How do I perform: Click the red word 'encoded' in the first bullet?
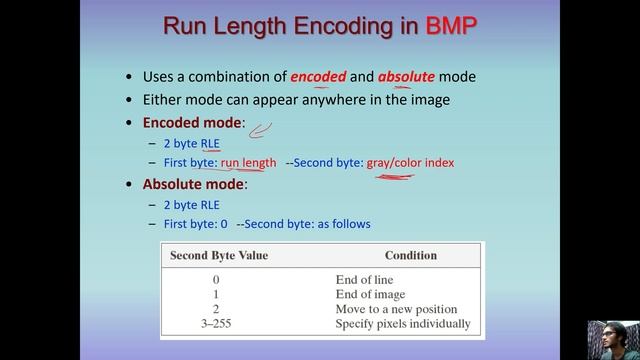pos(318,77)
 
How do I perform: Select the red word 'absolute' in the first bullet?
pos(408,77)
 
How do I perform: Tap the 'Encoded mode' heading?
pos(193,123)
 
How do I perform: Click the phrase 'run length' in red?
pos(248,162)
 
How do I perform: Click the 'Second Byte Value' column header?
pos(219,255)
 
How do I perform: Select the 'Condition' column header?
pos(410,255)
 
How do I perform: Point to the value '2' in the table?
pos(217,310)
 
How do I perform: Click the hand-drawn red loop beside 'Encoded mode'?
pos(261,128)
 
